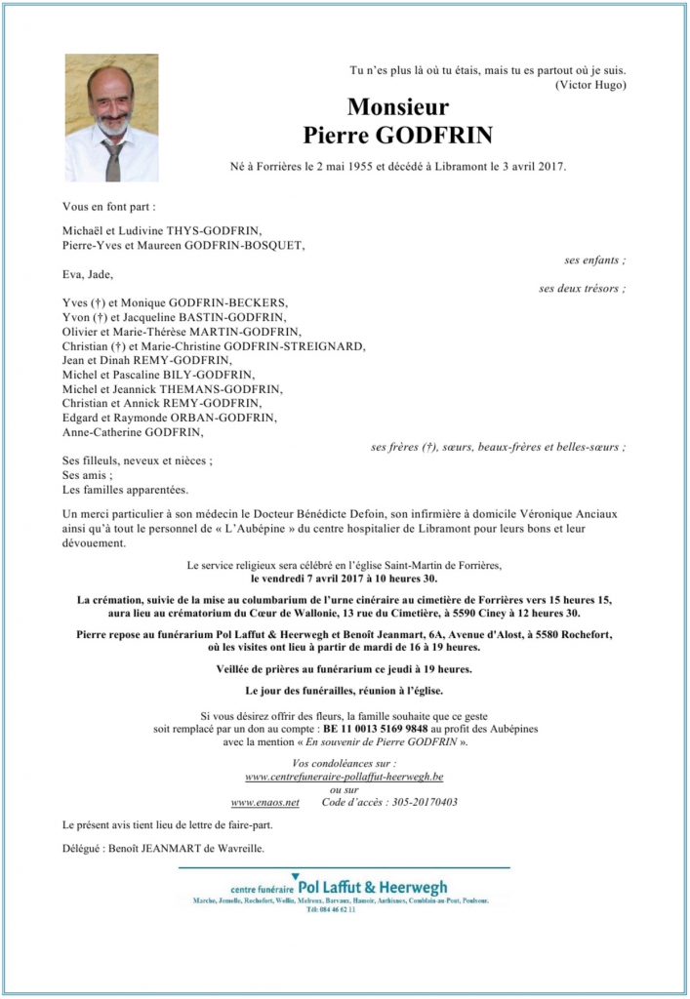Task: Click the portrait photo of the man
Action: (111, 117)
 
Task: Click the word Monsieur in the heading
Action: (397, 107)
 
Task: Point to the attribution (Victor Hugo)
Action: (590, 85)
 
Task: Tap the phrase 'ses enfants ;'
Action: (595, 260)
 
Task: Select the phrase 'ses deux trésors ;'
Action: (583, 289)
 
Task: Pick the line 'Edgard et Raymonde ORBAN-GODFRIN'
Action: (169, 417)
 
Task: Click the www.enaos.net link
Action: (264, 802)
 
